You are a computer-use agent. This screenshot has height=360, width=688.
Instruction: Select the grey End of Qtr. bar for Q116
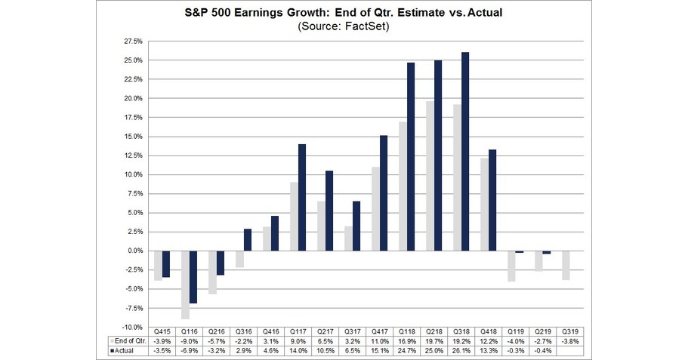[x=185, y=285]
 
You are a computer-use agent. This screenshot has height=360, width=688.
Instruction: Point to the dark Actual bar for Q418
[x=492, y=200]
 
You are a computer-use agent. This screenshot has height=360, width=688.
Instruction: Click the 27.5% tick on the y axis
[x=133, y=41]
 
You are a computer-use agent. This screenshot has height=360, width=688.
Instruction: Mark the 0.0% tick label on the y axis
[x=135, y=251]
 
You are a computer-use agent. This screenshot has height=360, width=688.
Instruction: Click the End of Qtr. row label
[x=128, y=341]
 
